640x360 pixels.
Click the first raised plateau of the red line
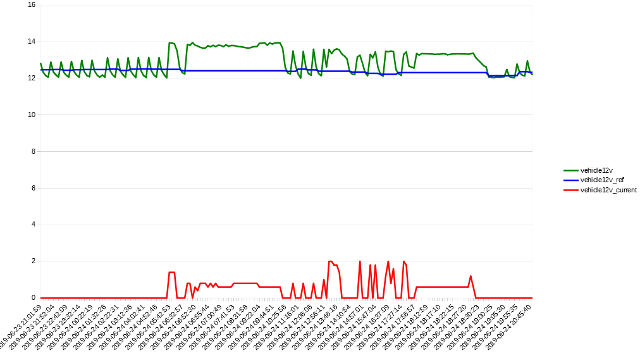171,273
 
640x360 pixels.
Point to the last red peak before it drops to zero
471,276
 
